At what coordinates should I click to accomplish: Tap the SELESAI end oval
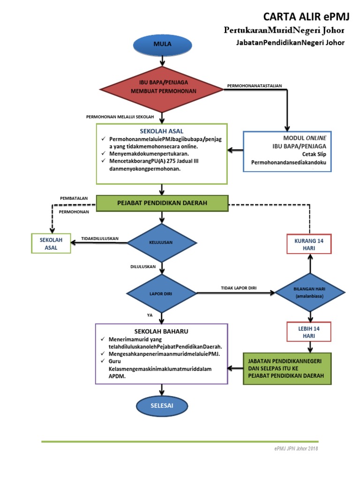point(162,405)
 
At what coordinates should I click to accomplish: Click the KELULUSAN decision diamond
point(161,242)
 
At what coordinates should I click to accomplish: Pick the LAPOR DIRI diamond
point(162,293)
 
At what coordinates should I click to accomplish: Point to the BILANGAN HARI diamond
point(309,293)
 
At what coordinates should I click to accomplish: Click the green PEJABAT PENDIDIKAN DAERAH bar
point(162,203)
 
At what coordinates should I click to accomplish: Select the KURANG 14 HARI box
point(309,244)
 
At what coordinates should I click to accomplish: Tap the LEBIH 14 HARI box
point(309,332)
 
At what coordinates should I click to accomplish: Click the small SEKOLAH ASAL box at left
point(51,244)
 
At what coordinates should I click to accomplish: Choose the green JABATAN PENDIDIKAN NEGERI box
point(287,369)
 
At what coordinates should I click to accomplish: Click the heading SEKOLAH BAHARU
point(161,331)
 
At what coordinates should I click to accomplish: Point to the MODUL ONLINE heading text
point(305,138)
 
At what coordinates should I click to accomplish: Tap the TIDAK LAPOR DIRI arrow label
point(239,288)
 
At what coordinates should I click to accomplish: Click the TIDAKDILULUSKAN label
point(100,239)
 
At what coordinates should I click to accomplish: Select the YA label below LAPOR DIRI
point(150,315)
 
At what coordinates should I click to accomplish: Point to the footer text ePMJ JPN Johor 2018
point(296,449)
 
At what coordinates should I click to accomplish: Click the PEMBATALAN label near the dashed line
point(74,198)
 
